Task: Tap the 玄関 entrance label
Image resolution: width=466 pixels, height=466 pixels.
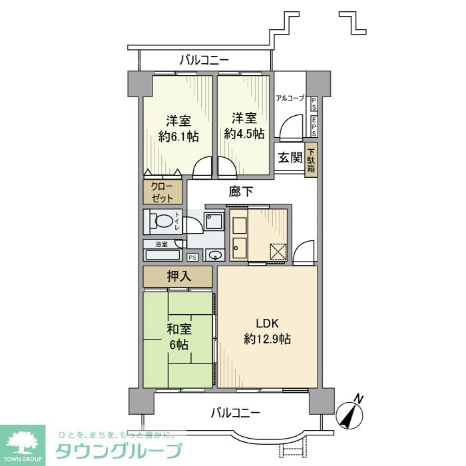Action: coord(290,158)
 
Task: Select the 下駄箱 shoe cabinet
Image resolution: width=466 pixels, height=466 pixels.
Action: coord(312,160)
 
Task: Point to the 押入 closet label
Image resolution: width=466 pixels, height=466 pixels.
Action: coord(178,276)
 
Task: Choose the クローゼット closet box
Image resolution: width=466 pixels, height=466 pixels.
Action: coord(162,192)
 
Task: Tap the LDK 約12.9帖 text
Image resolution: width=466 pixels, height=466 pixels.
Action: coord(267,331)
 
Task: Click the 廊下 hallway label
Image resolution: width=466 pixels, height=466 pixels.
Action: coord(241,192)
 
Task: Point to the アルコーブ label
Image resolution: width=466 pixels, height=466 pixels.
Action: coord(290,99)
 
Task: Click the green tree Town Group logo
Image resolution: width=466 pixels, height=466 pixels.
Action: coord(23,442)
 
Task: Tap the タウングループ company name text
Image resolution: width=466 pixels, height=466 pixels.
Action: coord(118,451)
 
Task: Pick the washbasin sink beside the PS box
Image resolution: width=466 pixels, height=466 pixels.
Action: coord(215,255)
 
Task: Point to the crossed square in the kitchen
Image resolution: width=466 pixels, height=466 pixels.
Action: coord(277,252)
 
